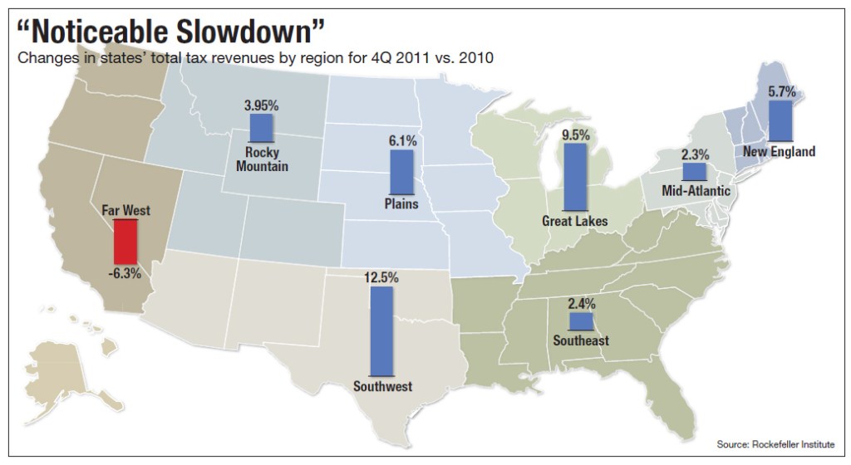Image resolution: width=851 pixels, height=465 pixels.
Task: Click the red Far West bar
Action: pos(126,242)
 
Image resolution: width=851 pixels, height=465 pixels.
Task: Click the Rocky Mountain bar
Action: pos(262,129)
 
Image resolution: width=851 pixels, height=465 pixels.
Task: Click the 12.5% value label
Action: pos(381,278)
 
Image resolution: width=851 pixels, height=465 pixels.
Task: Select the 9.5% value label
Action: pos(574,134)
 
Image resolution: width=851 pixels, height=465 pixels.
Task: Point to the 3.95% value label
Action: pos(262,105)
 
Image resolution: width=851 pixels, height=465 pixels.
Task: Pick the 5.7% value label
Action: pos(781,93)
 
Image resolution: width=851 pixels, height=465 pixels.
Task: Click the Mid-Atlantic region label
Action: pos(696,191)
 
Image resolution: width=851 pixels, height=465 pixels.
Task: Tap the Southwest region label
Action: pos(382,386)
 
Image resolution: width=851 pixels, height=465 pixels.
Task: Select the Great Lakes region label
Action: pos(574,221)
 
